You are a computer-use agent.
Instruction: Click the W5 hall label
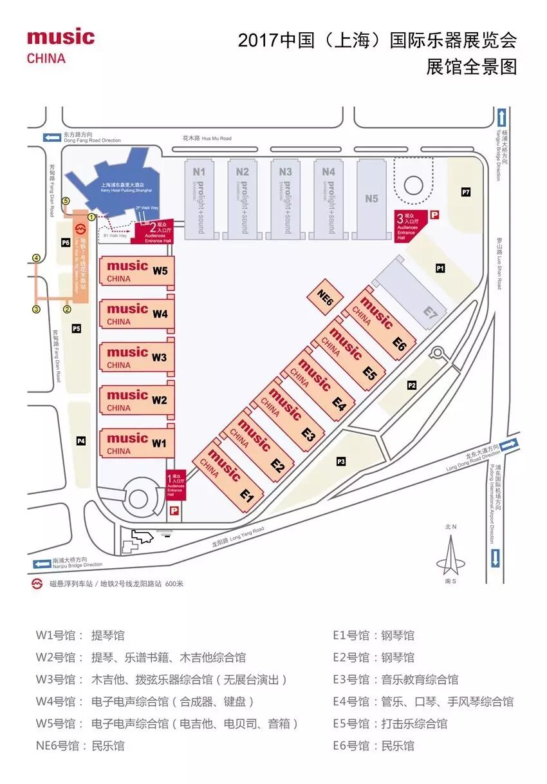point(160,271)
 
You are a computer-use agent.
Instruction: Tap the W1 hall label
point(159,443)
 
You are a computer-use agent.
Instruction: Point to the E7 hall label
point(431,314)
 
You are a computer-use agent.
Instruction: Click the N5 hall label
point(371,198)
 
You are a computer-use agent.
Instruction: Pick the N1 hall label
point(199,172)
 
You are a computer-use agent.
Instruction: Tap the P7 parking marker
point(466,192)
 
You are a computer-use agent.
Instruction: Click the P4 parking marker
point(81,441)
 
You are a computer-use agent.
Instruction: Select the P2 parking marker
point(412,385)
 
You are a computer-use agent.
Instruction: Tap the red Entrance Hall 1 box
point(176,485)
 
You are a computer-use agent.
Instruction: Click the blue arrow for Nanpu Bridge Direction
point(42,563)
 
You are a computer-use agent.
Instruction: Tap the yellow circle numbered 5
point(65,201)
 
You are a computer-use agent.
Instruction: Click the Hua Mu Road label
point(207,138)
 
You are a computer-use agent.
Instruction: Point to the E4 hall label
point(339,405)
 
